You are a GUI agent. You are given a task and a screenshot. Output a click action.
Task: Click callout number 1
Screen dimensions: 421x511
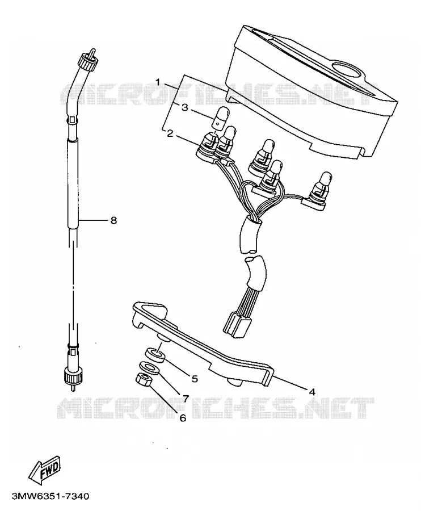pyautogui.click(x=158, y=82)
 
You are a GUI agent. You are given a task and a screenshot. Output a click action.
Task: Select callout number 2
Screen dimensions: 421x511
pyautogui.click(x=170, y=133)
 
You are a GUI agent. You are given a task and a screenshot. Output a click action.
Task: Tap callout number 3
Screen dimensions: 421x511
pyautogui.click(x=184, y=107)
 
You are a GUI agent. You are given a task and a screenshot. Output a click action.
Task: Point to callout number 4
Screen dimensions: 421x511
pyautogui.click(x=312, y=392)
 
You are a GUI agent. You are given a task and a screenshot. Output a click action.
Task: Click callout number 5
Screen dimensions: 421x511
pyautogui.click(x=195, y=378)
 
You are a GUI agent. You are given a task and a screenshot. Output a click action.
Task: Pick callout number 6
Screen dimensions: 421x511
pyautogui.click(x=183, y=418)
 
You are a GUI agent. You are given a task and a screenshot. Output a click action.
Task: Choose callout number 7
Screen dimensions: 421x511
pyautogui.click(x=186, y=398)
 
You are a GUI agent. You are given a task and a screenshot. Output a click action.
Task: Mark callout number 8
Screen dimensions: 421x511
pyautogui.click(x=113, y=221)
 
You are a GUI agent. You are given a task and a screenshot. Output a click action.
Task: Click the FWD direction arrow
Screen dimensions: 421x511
pyautogui.click(x=45, y=470)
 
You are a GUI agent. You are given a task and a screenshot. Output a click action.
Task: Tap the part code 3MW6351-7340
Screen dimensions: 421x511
pyautogui.click(x=50, y=496)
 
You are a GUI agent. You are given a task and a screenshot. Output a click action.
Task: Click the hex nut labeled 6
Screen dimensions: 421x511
pyautogui.click(x=142, y=379)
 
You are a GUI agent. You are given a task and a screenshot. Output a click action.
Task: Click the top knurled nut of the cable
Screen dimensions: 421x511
pyautogui.click(x=87, y=61)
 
